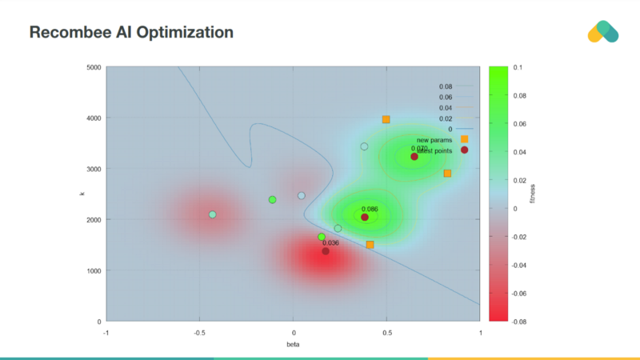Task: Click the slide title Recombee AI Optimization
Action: tap(131, 33)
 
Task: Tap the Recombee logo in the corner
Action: tap(602, 31)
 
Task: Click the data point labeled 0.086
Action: tap(365, 218)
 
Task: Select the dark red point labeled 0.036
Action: tap(326, 251)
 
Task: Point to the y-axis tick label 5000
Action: tap(93, 67)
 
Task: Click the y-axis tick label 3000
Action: tap(93, 169)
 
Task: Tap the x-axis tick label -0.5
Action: tap(199, 331)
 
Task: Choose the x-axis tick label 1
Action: tap(480, 331)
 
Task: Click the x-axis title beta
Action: tap(293, 343)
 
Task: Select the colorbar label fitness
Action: tap(534, 194)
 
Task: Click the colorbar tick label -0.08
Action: tap(519, 322)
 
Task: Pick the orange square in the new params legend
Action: tap(465, 139)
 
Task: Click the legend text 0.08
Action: tap(446, 86)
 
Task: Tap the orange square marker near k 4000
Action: tap(386, 119)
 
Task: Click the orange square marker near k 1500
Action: tap(370, 245)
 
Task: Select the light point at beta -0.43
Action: tap(212, 214)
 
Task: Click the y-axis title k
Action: tap(82, 194)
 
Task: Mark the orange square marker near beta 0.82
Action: tap(447, 174)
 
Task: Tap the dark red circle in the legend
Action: tap(465, 150)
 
